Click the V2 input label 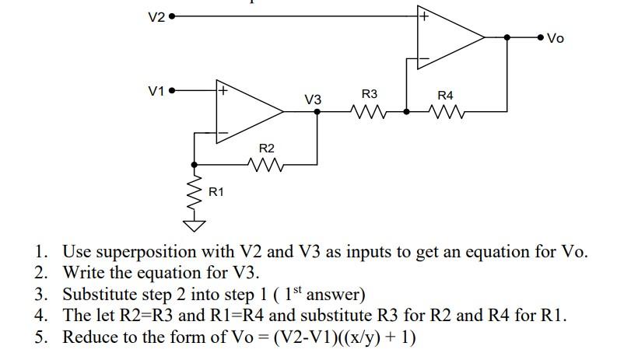click(x=156, y=16)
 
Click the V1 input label click(x=156, y=91)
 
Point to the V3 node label click(x=313, y=100)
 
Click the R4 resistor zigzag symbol click(x=445, y=112)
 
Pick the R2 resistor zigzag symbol click(x=266, y=164)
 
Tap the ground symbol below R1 click(x=194, y=226)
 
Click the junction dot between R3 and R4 click(x=406, y=112)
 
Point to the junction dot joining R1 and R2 click(x=194, y=164)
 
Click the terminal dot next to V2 click(x=172, y=16)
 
